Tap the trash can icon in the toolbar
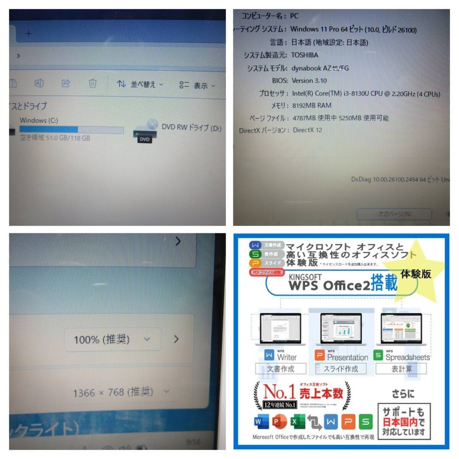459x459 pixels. [93, 83]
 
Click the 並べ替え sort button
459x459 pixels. [140, 84]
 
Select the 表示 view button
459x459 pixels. [197, 85]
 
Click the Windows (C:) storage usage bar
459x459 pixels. [72, 130]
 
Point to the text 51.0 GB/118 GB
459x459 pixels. [68, 138]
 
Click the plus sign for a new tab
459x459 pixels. [29, 34]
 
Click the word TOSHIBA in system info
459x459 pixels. [304, 55]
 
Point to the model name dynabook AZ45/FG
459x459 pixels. [320, 68]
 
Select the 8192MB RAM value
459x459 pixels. [312, 106]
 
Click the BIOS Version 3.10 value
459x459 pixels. [309, 81]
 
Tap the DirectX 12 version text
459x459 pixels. [308, 130]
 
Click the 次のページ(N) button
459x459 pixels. [394, 214]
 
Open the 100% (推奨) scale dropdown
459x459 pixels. [112, 339]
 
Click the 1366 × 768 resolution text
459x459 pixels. [113, 392]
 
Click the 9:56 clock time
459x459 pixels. [193, 442]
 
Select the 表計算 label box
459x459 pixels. [401, 369]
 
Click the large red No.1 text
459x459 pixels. [280, 391]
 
